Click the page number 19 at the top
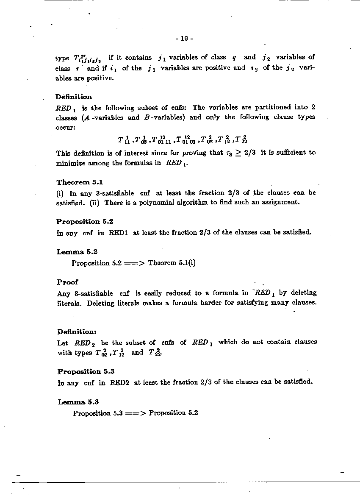pyautogui.click(x=184, y=39)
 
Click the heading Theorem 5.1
pyautogui.click(x=80, y=182)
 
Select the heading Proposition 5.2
pyautogui.click(x=85, y=221)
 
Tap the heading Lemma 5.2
pyautogui.click(x=77, y=252)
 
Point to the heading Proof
pyautogui.click(x=67, y=282)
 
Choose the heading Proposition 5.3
pyautogui.click(x=86, y=371)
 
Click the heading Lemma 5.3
pyautogui.click(x=78, y=402)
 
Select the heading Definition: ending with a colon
pyautogui.click(x=77, y=332)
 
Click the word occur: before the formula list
pyautogui.click(x=65, y=127)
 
